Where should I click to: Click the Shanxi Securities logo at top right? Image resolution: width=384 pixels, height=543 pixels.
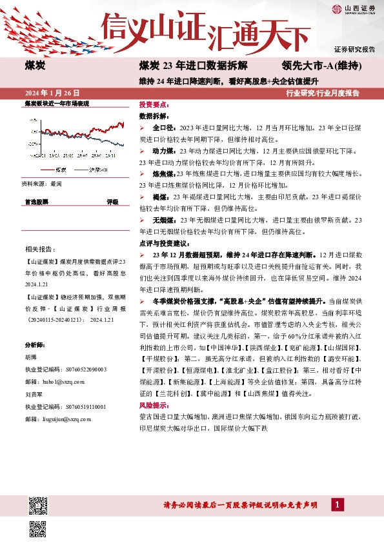click(353, 8)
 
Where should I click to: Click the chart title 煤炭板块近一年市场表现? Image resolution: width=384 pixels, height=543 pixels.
click(56, 103)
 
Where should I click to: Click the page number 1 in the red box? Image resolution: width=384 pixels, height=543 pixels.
click(336, 504)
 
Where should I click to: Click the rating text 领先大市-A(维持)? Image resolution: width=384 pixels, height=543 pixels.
click(321, 66)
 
